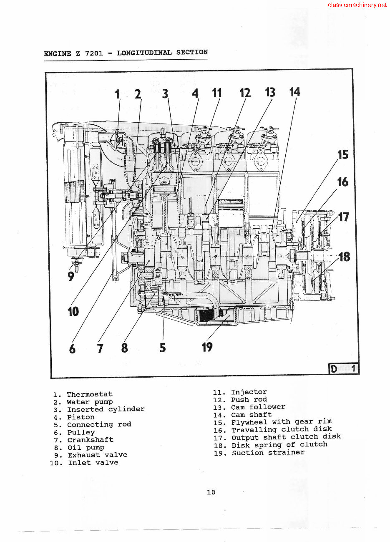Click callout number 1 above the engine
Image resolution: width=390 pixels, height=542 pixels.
click(x=118, y=94)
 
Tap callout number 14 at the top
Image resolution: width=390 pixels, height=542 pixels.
click(x=294, y=92)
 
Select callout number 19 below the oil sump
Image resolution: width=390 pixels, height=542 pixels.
click(x=207, y=347)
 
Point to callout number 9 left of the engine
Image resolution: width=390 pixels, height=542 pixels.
click(x=71, y=276)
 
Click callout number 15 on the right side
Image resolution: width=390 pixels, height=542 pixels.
click(x=342, y=155)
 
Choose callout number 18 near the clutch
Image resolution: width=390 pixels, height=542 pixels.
click(x=344, y=257)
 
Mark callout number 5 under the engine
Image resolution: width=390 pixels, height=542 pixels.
click(x=162, y=347)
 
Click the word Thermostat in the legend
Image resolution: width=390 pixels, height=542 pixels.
click(x=90, y=394)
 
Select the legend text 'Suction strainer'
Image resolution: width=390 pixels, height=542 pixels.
click(x=268, y=453)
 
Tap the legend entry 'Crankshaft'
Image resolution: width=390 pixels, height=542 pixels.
click(x=90, y=440)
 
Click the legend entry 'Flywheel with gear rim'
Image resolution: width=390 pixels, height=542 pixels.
click(x=282, y=422)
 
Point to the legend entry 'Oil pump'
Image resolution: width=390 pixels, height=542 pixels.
click(x=86, y=447)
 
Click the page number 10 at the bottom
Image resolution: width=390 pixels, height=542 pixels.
click(x=211, y=492)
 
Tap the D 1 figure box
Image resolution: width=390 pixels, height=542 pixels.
click(x=344, y=369)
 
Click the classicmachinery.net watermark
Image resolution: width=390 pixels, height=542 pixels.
click(x=357, y=5)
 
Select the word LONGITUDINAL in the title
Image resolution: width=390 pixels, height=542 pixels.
click(x=144, y=53)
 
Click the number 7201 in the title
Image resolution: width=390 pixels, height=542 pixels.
click(x=94, y=53)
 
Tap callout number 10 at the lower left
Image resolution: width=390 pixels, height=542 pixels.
click(x=73, y=311)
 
